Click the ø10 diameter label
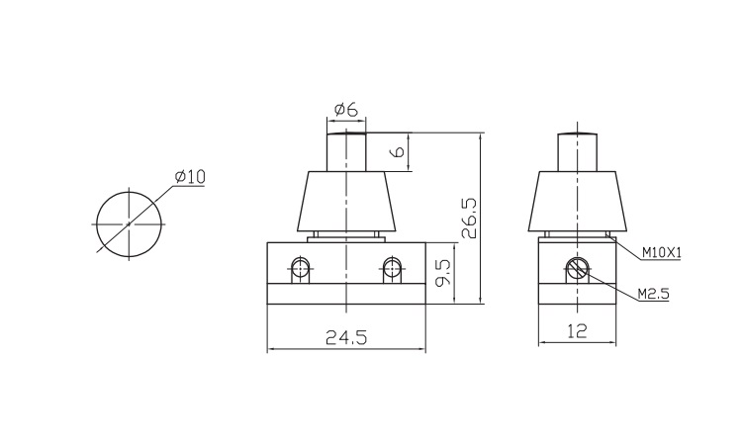(190, 177)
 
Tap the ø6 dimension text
(345, 110)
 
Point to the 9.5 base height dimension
(444, 275)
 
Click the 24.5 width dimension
(346, 337)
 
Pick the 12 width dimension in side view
(577, 330)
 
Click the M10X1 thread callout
(662, 253)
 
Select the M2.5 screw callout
(654, 294)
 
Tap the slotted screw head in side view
(578, 269)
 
